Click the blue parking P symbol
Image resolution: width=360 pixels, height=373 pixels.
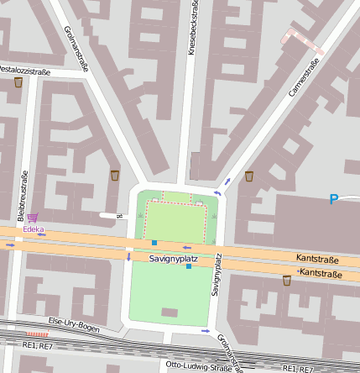tap(333, 200)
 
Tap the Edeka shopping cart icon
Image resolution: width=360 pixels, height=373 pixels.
tap(32, 218)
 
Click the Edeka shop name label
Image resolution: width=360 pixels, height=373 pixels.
tap(34, 229)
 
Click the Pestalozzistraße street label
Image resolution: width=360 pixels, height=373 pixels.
tap(25, 71)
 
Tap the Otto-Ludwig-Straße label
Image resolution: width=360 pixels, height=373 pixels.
tap(198, 366)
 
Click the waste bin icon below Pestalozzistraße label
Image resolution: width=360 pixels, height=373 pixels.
tap(18, 83)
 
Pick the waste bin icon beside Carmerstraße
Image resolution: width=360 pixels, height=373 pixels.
tap(249, 176)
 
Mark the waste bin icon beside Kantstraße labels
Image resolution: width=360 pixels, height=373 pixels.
tap(287, 281)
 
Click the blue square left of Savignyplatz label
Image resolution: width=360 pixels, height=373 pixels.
tap(154, 243)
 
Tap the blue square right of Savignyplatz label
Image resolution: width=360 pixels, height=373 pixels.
tap(189, 266)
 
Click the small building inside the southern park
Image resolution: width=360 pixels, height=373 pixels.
tap(170, 313)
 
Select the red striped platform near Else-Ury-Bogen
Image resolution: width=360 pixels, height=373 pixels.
tap(37, 334)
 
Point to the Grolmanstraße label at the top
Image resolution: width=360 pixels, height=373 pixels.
tap(76, 48)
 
